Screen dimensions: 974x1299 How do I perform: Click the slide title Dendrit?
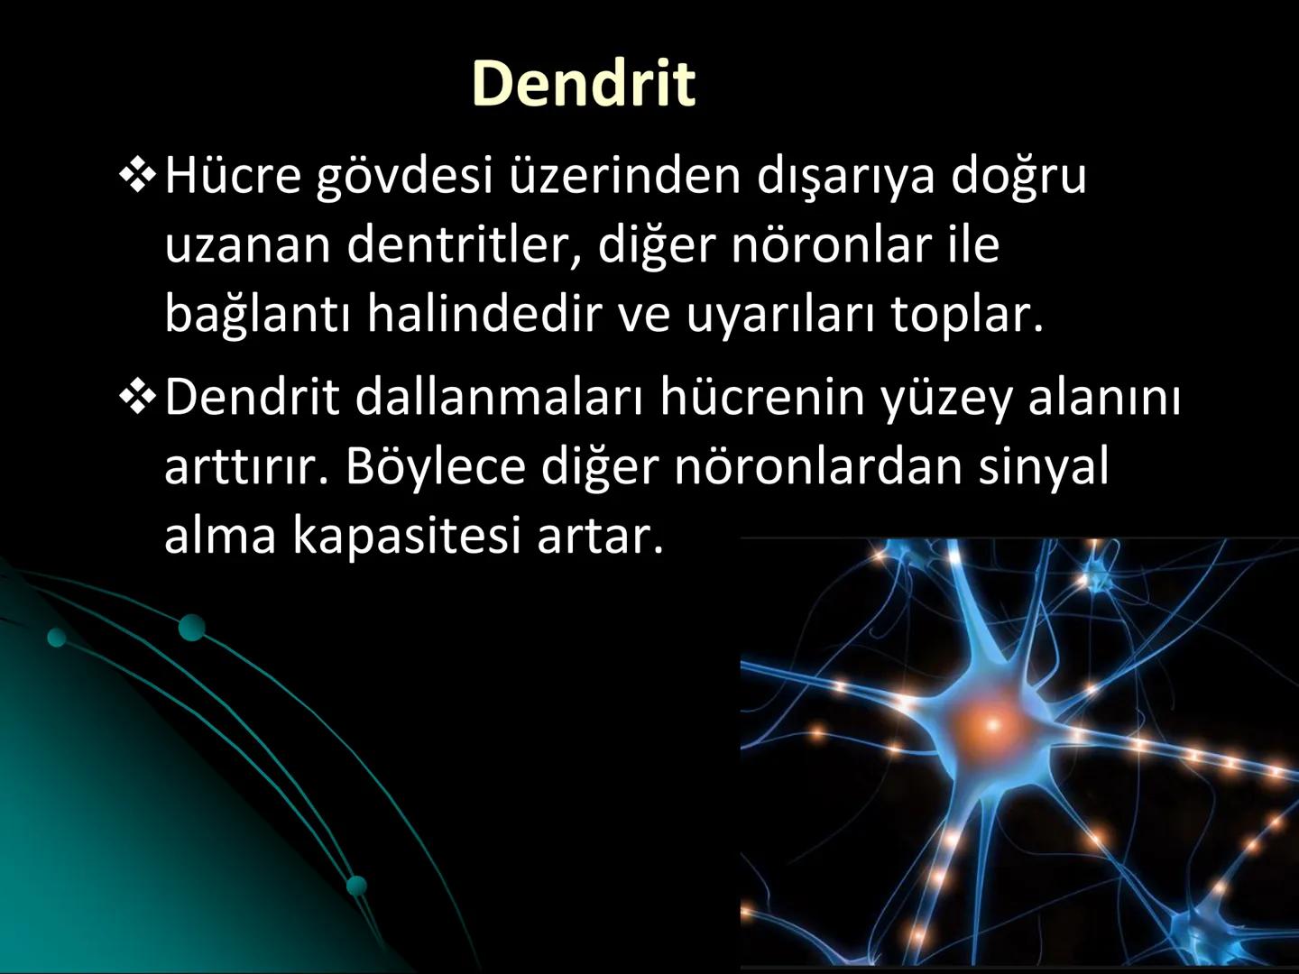click(x=583, y=83)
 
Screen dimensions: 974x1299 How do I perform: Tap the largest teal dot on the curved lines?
click(x=191, y=628)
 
